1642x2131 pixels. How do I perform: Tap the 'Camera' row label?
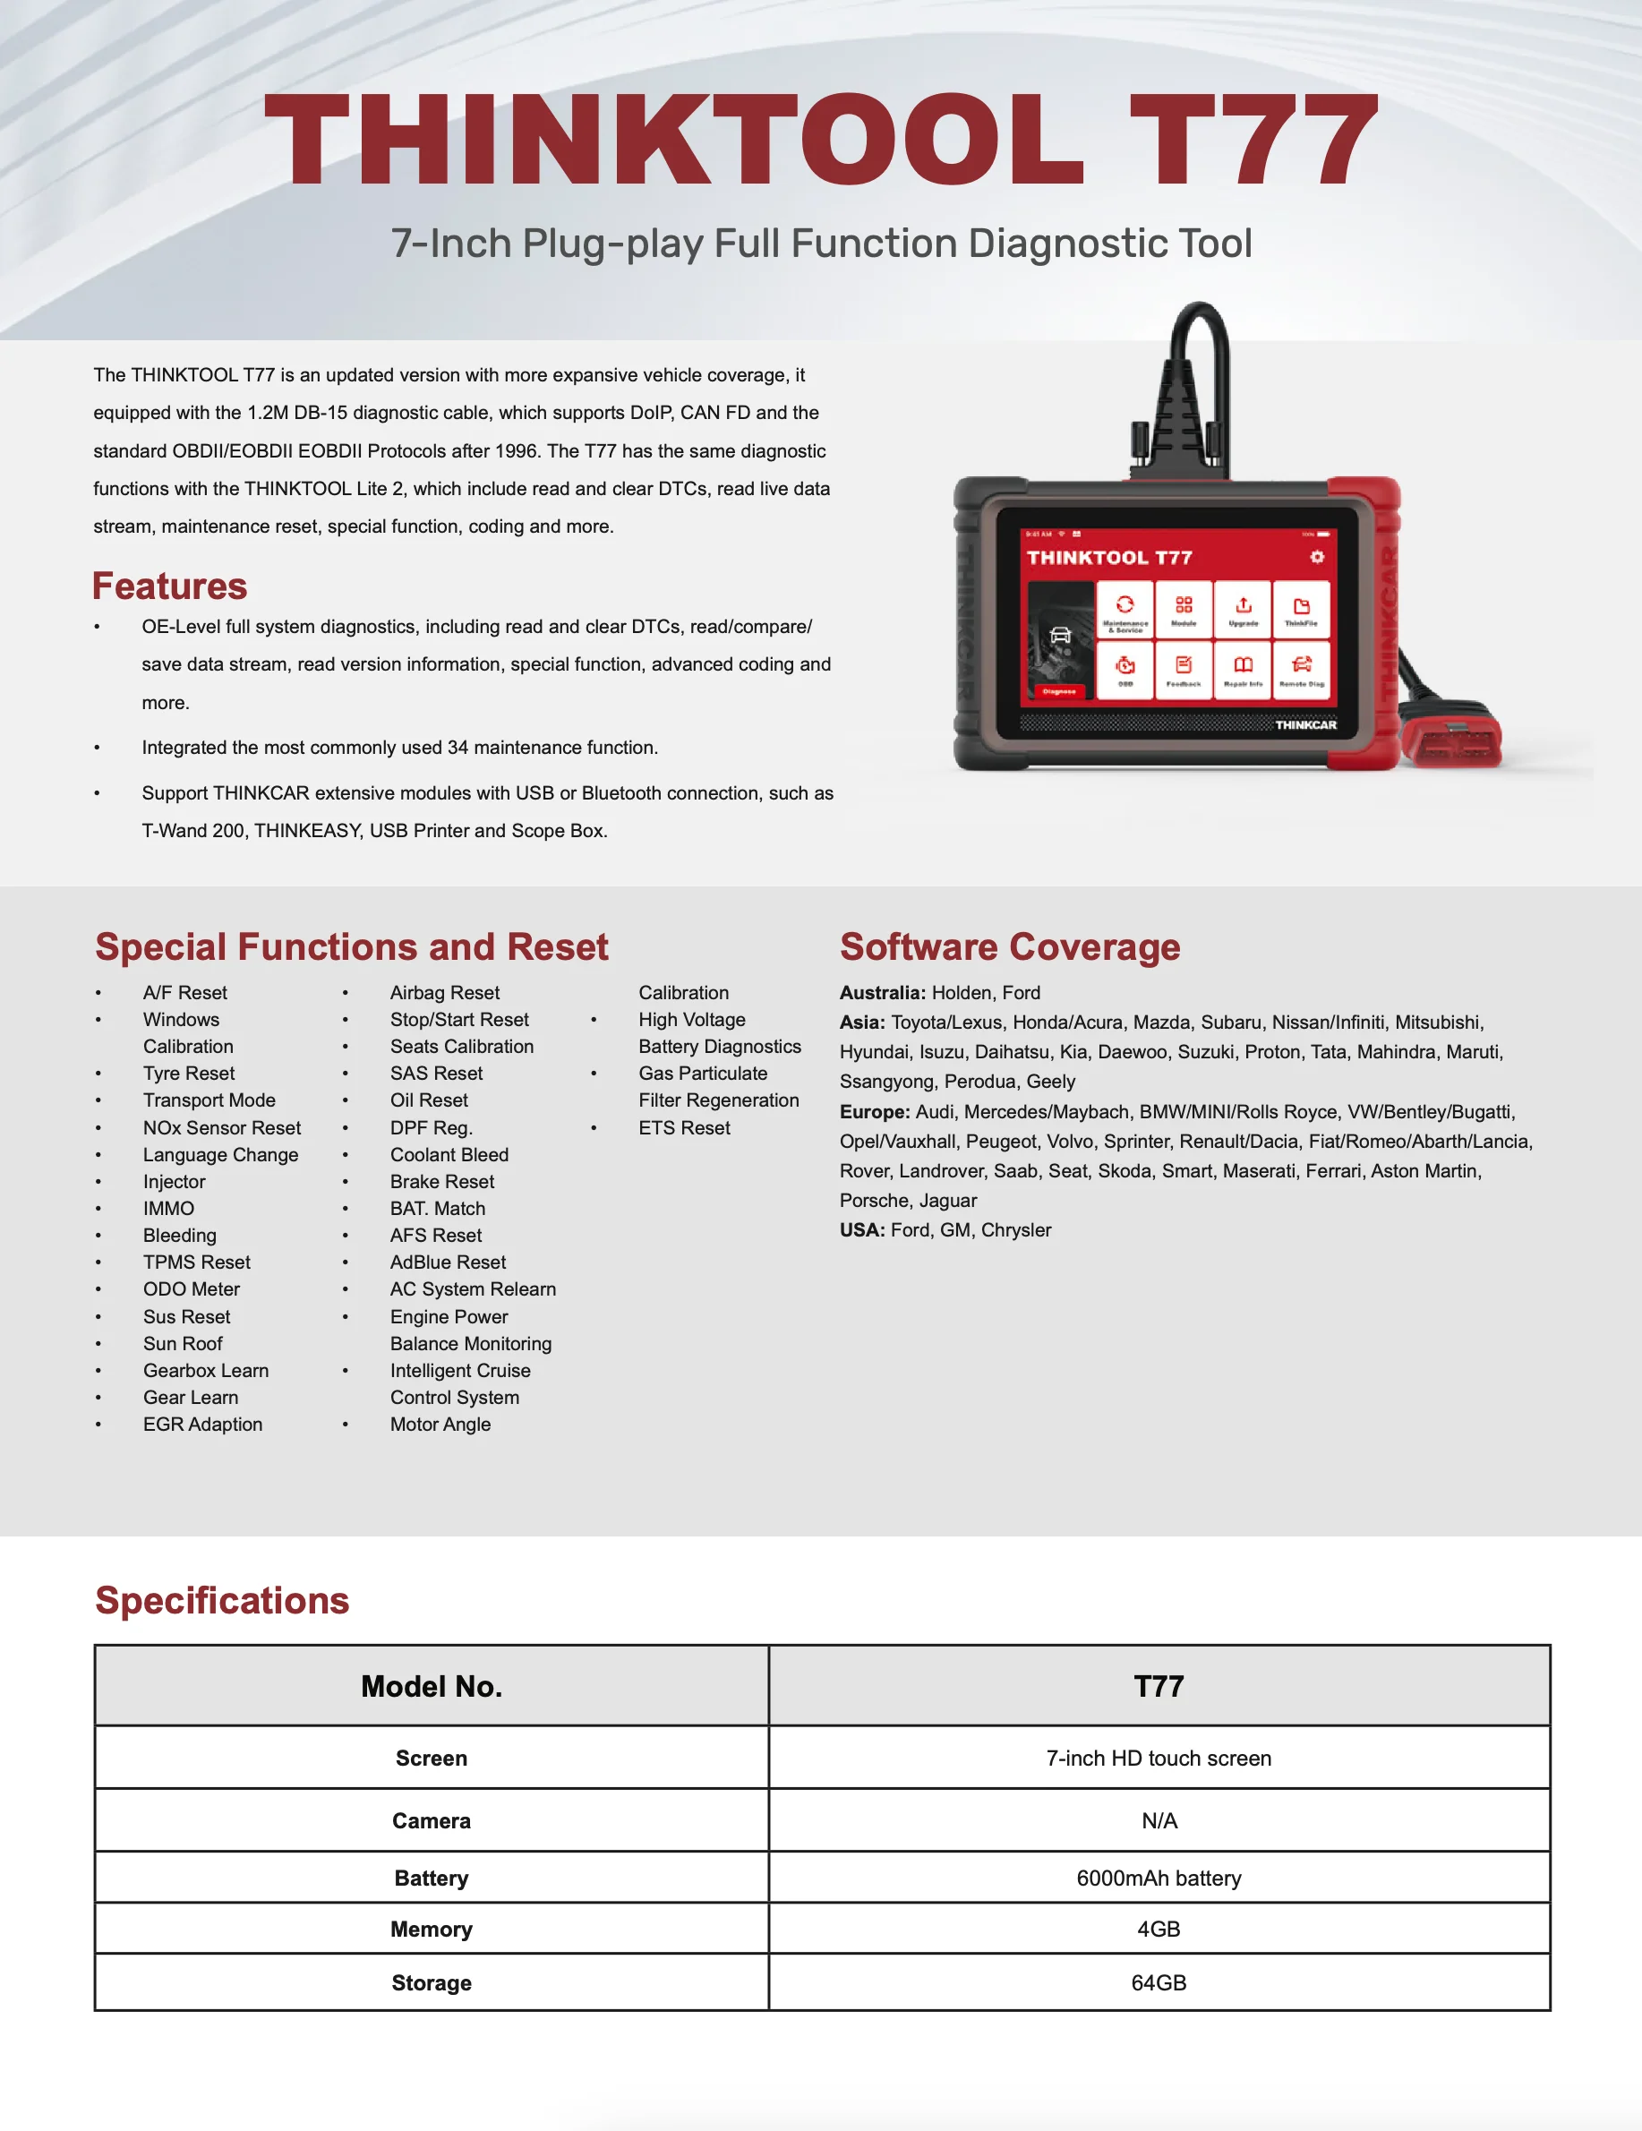[432, 1819]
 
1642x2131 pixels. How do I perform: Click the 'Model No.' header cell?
[432, 1686]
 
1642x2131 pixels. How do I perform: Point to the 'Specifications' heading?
[221, 1601]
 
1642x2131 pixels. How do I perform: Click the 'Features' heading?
[170, 586]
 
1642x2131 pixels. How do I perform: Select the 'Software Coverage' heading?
[1010, 947]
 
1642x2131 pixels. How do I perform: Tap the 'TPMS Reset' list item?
[196, 1262]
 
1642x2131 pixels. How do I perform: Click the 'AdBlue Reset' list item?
[448, 1262]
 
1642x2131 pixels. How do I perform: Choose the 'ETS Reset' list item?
[684, 1128]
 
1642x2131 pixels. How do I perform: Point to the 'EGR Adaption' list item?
[202, 1424]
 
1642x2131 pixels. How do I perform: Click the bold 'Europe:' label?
[875, 1111]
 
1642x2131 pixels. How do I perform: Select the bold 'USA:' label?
[862, 1229]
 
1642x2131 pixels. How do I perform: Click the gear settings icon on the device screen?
[1316, 556]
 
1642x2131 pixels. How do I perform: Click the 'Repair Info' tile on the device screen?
[1243, 670]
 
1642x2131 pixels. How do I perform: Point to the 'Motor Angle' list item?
[440, 1424]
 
